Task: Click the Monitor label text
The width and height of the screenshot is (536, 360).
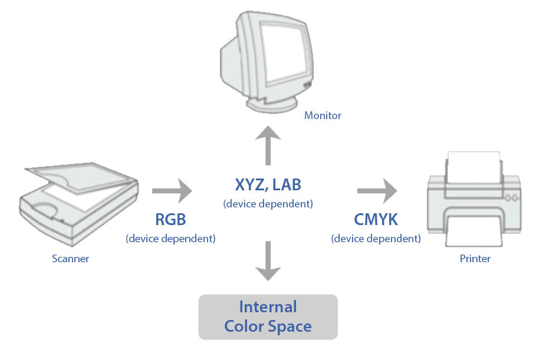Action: tap(323, 115)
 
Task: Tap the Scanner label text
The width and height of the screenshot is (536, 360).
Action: tap(70, 258)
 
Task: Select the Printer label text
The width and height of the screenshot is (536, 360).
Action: tap(475, 258)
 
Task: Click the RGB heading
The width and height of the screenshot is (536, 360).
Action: tap(170, 220)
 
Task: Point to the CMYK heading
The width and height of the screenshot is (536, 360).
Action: tap(376, 220)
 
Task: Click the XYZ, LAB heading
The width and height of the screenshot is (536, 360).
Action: tap(268, 185)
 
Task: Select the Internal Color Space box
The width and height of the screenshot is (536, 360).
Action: tap(268, 317)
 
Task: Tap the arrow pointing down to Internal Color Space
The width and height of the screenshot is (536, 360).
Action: tap(268, 260)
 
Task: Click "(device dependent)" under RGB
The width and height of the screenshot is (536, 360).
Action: tap(170, 239)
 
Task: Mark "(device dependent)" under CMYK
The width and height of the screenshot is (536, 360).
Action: tap(376, 239)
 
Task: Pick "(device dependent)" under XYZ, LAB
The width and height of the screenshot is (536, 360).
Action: tap(268, 204)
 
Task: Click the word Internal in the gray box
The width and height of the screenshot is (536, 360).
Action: tap(268, 307)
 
